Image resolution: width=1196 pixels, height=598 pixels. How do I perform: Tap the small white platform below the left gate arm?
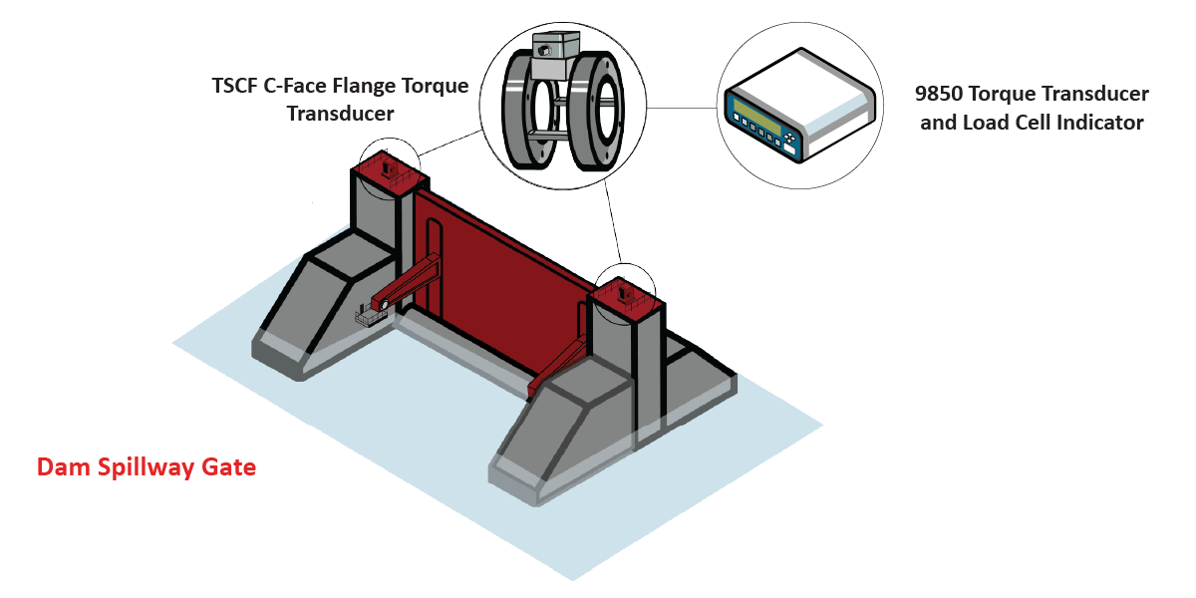[x=370, y=317]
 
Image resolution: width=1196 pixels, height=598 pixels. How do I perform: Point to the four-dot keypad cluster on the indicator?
[x=790, y=138]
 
